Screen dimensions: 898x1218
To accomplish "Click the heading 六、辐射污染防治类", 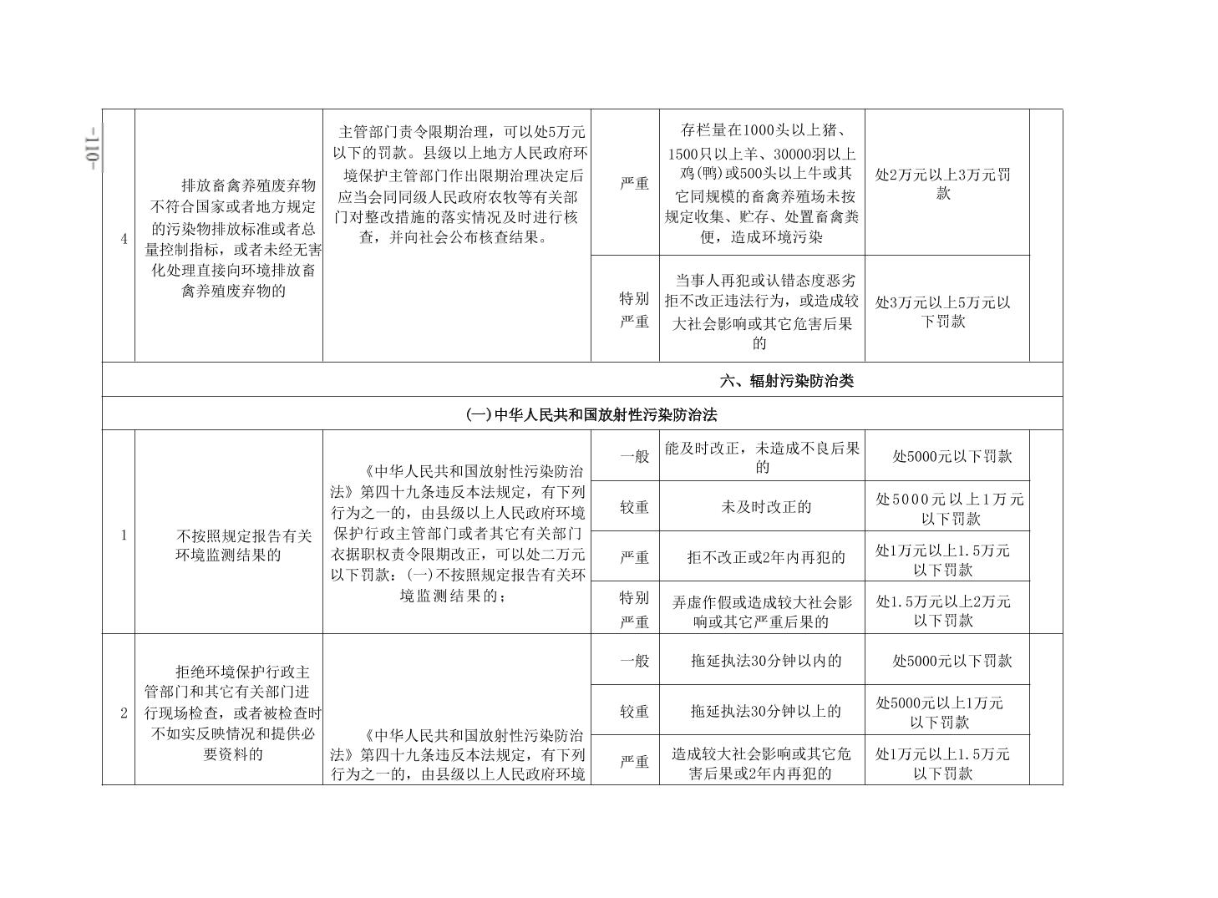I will (x=786, y=381).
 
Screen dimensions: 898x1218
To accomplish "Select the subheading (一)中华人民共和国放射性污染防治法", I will (x=591, y=414).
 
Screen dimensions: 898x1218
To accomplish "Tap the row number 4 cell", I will (x=124, y=239).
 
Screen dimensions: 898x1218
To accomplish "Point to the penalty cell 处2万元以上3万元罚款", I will (x=943, y=184).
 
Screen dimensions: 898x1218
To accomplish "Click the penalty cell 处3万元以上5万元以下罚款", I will (x=943, y=312).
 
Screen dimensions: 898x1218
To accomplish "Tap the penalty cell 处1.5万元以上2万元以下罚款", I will (x=943, y=611).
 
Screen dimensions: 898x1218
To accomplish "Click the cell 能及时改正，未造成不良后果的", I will (x=762, y=457).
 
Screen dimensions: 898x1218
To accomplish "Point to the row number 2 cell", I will (x=124, y=713).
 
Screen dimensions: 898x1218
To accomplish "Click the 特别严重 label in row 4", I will (x=634, y=310).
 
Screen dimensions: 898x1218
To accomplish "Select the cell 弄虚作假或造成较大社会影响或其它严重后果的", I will (x=762, y=611).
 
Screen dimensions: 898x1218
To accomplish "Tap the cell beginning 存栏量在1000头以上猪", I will (x=761, y=184).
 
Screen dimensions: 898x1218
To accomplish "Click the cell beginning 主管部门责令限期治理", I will (x=457, y=184).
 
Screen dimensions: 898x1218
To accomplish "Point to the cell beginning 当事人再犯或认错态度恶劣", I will (x=761, y=311).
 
